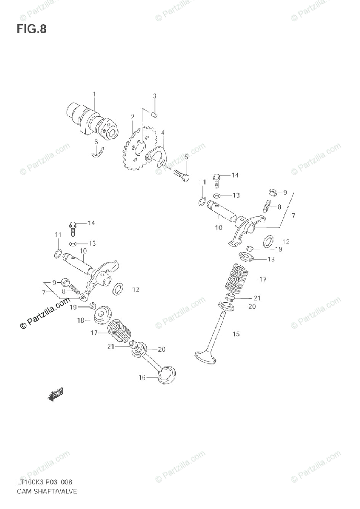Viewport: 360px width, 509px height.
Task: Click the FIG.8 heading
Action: (x=31, y=29)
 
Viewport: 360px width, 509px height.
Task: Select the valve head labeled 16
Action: (x=166, y=374)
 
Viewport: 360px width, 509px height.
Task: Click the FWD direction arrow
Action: (x=56, y=396)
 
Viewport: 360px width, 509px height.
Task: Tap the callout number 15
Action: (x=236, y=334)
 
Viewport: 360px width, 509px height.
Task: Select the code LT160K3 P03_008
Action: (x=45, y=482)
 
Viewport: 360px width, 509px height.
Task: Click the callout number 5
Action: (x=186, y=157)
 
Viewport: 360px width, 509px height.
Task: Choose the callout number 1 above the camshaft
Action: (x=94, y=94)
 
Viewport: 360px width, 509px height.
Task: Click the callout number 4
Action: (x=163, y=132)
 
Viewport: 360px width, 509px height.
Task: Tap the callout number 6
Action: (x=96, y=142)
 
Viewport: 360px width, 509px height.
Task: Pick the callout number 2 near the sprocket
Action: (x=132, y=116)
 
